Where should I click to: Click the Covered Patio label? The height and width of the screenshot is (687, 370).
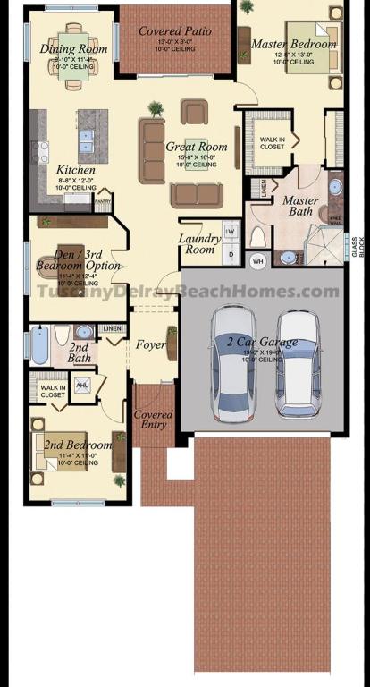click(175, 31)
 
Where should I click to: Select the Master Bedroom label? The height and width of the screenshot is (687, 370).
click(294, 44)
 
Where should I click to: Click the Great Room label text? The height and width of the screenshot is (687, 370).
click(197, 147)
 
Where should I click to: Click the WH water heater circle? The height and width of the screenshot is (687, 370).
click(258, 261)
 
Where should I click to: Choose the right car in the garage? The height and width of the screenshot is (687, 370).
click(298, 362)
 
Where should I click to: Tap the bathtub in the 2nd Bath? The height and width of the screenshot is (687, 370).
click(40, 344)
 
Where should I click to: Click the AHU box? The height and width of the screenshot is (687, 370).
click(83, 386)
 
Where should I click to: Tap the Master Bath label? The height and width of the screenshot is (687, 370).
click(300, 207)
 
